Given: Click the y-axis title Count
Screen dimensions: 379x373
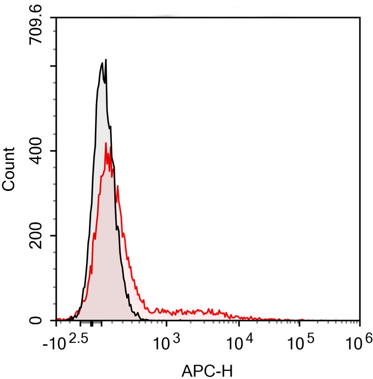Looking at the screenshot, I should (9, 169).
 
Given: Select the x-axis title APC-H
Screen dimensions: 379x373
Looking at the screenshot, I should (206, 371).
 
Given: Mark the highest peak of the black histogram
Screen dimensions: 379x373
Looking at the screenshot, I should (106, 60).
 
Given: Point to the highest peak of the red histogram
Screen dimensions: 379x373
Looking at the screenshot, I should (106, 143).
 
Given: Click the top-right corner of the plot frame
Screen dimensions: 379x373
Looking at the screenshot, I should (359, 18).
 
